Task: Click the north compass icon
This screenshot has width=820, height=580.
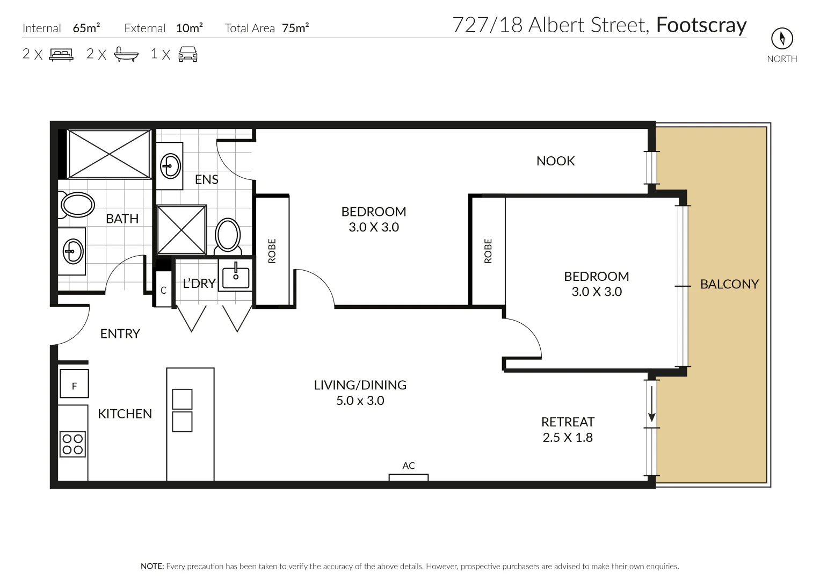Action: [782, 38]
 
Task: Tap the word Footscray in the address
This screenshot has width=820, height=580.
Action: [701, 25]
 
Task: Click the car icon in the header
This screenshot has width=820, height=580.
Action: [187, 54]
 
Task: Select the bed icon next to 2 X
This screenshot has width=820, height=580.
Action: [61, 54]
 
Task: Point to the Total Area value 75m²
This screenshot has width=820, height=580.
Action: [295, 28]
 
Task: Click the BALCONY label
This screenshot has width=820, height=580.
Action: [729, 284]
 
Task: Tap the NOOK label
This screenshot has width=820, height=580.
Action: [555, 161]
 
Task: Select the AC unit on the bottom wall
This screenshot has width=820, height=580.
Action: [408, 477]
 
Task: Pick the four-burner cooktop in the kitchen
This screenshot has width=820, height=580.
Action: [72, 444]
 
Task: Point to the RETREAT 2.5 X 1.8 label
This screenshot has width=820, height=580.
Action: [568, 430]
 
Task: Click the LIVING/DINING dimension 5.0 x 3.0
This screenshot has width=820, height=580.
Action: [360, 401]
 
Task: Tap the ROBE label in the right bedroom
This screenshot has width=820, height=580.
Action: [488, 251]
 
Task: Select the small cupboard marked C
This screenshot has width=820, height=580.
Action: [164, 290]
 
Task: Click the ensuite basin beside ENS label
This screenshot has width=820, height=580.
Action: [170, 165]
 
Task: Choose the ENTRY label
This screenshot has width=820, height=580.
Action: [120, 334]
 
